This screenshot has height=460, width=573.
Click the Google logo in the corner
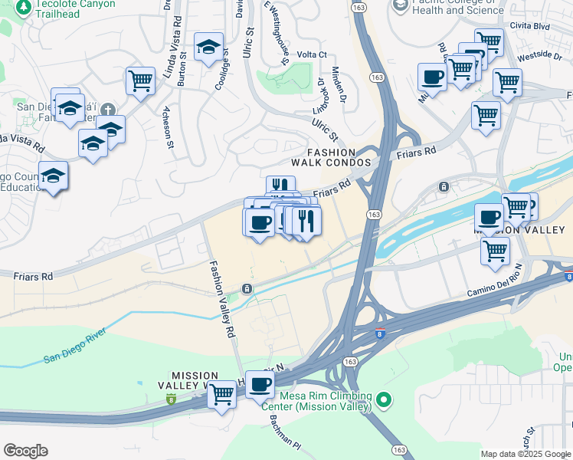point(25,451)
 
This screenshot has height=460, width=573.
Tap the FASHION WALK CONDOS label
point(331,157)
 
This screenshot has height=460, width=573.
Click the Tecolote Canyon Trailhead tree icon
point(23,7)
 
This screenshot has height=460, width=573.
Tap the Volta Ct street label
point(312,54)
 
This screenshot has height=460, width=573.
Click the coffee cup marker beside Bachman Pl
point(260,383)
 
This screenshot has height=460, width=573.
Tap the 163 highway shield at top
point(359,6)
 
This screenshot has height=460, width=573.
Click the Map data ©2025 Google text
point(526,454)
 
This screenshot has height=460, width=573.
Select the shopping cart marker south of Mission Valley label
point(496,249)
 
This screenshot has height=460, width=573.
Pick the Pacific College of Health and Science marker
point(400,5)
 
